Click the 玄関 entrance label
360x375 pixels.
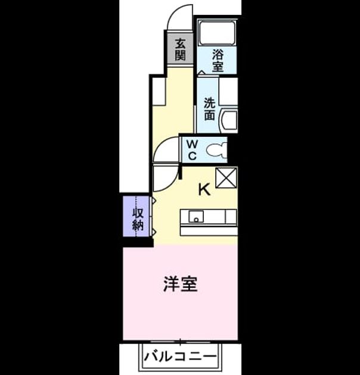coord(181,49)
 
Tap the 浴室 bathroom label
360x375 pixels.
coord(218,61)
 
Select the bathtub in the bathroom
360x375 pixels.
coord(217,33)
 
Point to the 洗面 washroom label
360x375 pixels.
coord(210,109)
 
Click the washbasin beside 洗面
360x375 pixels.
coord(229,121)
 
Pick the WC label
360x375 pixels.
coord(193,150)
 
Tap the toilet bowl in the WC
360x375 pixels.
coord(216,151)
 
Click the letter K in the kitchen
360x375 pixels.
coord(204,189)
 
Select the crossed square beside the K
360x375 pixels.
coord(226,178)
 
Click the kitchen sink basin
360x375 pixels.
coord(196,217)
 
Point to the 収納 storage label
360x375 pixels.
coord(138,219)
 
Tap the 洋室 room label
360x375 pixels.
coord(181,284)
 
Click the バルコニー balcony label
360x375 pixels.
coord(180,357)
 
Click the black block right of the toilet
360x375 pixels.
coord(234,149)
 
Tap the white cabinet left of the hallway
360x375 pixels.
coord(159,91)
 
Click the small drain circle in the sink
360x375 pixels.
coord(196,220)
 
